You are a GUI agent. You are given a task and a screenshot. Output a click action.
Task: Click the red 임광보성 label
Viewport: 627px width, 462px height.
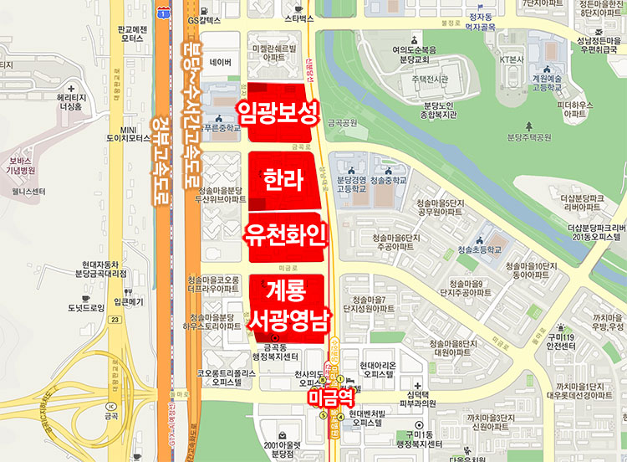278,112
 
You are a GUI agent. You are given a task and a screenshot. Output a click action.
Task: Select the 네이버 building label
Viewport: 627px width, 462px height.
221,62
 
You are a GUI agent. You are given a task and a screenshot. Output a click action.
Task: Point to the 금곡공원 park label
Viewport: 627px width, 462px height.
343,122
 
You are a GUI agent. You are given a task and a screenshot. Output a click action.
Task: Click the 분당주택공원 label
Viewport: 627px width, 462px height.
530,136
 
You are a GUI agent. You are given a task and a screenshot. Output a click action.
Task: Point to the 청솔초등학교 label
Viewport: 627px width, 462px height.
479,249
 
